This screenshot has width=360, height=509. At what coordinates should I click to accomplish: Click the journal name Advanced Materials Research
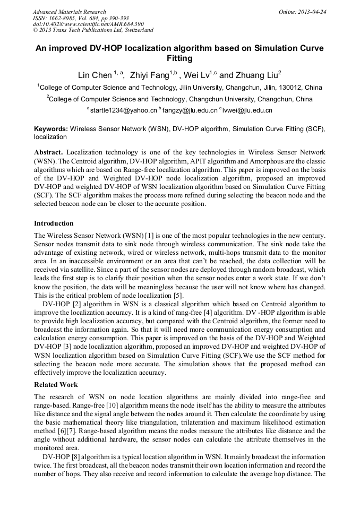[69, 12]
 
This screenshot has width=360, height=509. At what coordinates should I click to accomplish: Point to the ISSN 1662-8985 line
[81, 18]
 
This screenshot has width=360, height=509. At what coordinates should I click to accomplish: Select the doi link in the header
[88, 24]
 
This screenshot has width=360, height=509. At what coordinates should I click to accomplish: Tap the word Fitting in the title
[179, 58]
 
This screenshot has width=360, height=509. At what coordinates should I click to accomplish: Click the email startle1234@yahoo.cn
[123, 110]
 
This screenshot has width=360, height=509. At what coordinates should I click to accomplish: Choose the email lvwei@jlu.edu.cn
[248, 110]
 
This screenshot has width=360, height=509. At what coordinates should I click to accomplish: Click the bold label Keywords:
[50, 129]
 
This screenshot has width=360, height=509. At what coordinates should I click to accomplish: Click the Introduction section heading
[54, 223]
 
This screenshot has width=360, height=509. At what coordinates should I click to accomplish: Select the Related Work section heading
[56, 385]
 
